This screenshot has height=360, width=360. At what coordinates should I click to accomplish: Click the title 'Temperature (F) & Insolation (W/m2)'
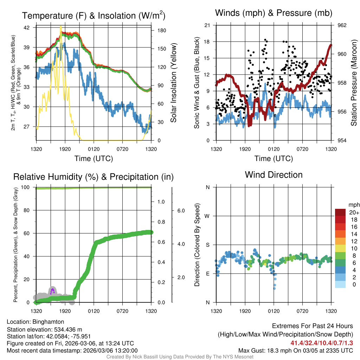pyautogui.click(x=94, y=15)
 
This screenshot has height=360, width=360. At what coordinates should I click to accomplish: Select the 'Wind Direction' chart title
pyautogui.click(x=274, y=175)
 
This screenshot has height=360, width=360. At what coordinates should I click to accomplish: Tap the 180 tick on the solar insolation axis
pyautogui.click(x=162, y=31)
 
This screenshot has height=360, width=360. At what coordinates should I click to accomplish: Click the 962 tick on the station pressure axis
pyautogui.click(x=342, y=25)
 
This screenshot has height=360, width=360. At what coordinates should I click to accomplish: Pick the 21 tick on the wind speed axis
pyautogui.click(x=207, y=25)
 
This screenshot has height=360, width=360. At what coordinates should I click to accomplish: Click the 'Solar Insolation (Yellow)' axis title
pyautogui.click(x=173, y=83)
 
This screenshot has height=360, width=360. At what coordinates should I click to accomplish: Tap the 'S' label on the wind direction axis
pyautogui.click(x=207, y=245)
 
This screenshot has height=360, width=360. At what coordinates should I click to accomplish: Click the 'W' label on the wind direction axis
pyautogui.click(x=207, y=216)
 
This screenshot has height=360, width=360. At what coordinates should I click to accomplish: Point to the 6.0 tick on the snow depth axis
pyautogui.click(x=181, y=211)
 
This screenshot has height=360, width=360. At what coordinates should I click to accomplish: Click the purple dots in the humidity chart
pyautogui.click(x=52, y=291)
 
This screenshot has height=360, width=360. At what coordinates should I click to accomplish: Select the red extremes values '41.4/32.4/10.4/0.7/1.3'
pyautogui.click(x=322, y=343)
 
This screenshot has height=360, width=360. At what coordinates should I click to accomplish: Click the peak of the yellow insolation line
pyautogui.click(x=61, y=27)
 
